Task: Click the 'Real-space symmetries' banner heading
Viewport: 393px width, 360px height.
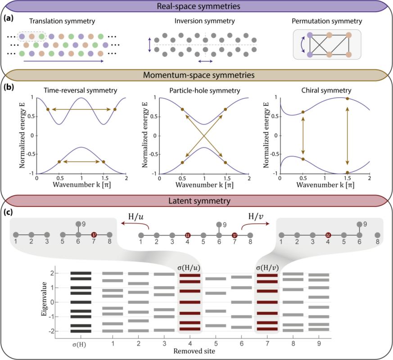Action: click(198, 6)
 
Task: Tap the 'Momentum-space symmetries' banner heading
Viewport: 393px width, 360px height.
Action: click(199, 75)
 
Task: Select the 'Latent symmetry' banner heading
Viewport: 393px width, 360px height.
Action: click(199, 201)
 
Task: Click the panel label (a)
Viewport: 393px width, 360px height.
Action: click(9, 18)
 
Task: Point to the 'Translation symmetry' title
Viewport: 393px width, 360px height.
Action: click(62, 21)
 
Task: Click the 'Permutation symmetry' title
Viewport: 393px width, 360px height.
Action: click(327, 21)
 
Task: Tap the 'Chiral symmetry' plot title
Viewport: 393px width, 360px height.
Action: click(326, 90)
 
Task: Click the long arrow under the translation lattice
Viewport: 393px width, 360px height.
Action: click(63, 61)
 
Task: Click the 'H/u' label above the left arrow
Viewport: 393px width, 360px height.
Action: click(136, 216)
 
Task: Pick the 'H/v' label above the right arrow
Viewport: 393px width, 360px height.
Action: click(256, 216)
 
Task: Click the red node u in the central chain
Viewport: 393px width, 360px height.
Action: click(188, 235)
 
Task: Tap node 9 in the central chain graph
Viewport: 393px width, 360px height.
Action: click(219, 225)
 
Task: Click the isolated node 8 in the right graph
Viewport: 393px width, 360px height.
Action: click(377, 235)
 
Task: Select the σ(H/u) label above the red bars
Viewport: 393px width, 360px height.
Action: click(189, 268)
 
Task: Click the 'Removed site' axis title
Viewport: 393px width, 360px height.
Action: click(194, 351)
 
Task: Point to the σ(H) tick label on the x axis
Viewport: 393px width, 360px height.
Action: click(79, 344)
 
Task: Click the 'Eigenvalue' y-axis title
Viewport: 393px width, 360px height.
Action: click(44, 299)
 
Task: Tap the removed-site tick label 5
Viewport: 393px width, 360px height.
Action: click(216, 343)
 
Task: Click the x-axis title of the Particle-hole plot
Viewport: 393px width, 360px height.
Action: click(204, 185)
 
